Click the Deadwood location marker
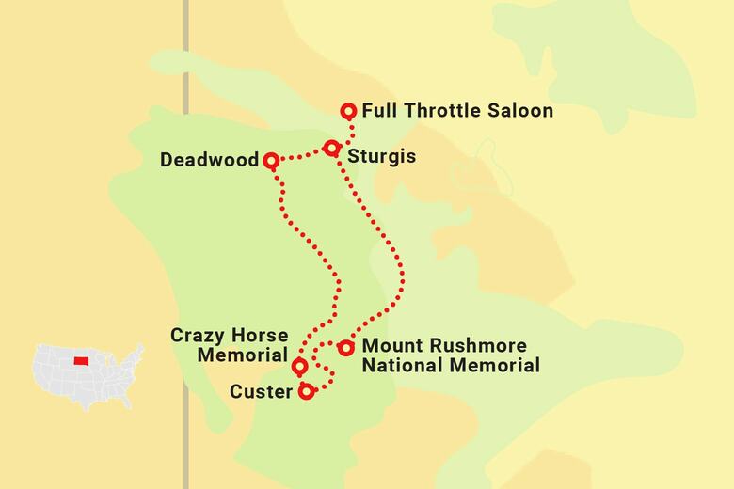(271, 161)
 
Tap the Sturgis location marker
(331, 148)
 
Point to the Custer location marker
(306, 391)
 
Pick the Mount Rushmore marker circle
(346, 348)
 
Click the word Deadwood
(209, 161)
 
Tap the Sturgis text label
(381, 155)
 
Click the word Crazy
(195, 336)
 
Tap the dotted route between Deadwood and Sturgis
(301, 156)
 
